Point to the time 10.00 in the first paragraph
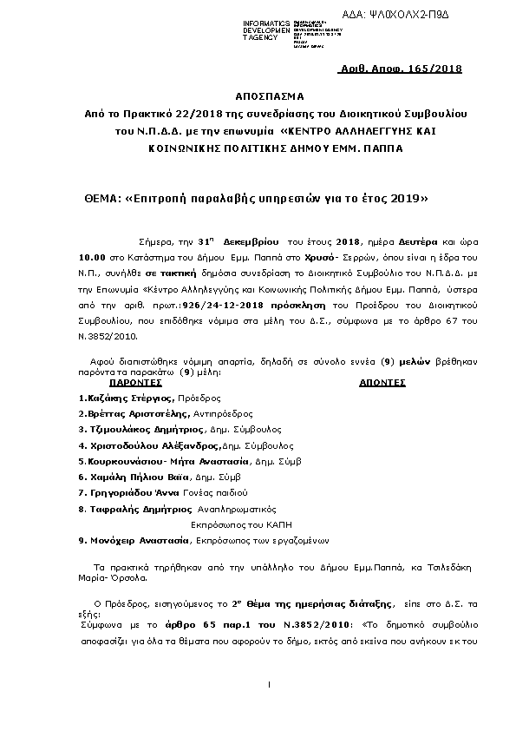click(92, 259)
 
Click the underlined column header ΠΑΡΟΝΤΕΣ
click(137, 381)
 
